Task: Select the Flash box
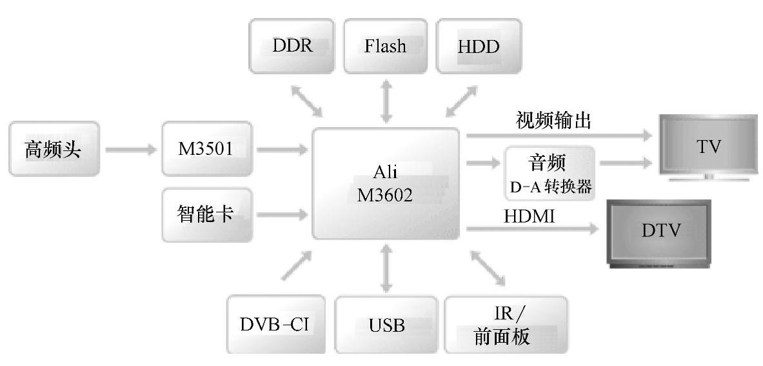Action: point(386,46)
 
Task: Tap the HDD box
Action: point(479,46)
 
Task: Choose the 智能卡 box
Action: point(206,214)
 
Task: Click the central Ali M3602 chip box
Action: point(386,183)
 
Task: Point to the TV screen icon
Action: point(708,147)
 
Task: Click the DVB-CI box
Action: point(274,324)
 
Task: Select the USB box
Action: point(387,324)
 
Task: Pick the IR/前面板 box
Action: point(506,324)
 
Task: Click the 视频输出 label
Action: point(553,121)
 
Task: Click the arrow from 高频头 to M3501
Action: point(130,150)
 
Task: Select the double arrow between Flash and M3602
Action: point(386,100)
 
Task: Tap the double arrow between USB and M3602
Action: point(386,267)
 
